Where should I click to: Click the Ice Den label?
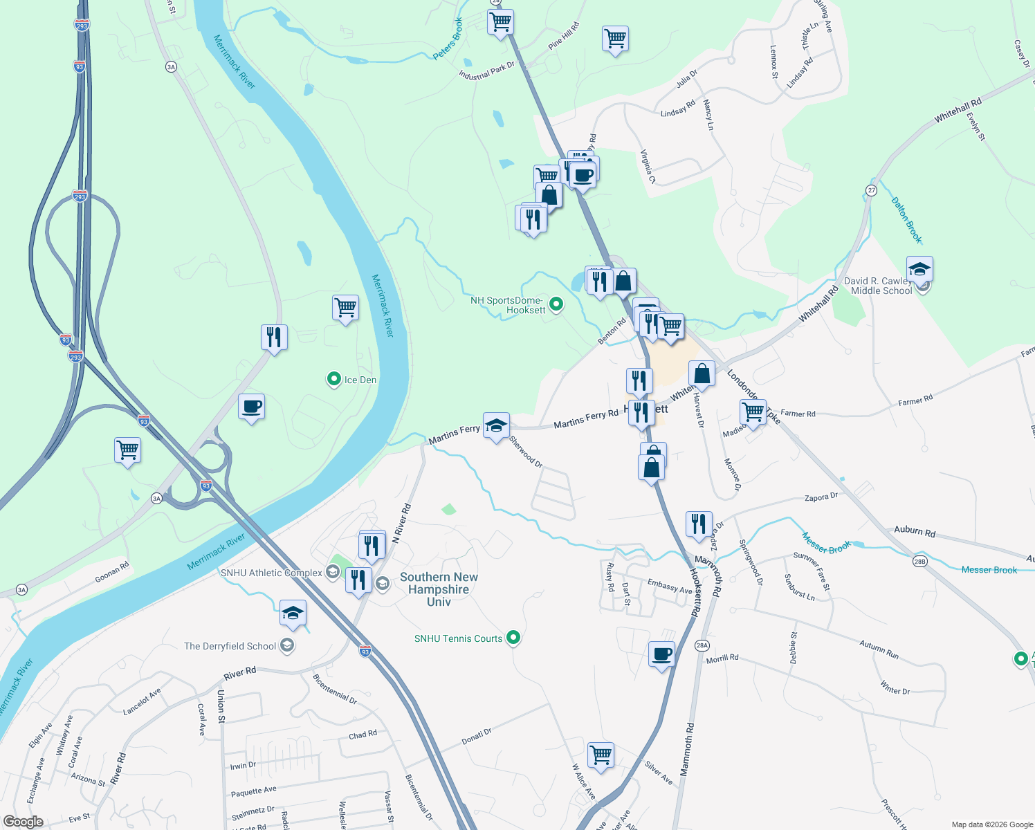pos(360,380)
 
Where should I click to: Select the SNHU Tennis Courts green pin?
pos(513,637)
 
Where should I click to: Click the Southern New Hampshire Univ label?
pos(439,589)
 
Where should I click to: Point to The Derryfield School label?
pos(230,646)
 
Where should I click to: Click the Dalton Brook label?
pos(906,221)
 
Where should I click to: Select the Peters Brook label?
pos(448,39)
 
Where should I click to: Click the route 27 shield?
pos(872,190)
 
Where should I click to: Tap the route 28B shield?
pos(919,561)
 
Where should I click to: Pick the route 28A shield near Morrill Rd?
pos(702,645)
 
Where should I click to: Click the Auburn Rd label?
pos(914,531)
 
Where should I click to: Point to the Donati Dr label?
pos(477,736)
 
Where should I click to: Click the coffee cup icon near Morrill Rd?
pos(661,654)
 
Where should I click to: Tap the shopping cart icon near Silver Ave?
pos(601,755)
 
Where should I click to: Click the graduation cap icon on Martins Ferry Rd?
pos(496,425)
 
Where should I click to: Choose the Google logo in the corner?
pos(23,822)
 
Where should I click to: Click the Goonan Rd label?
pos(112,572)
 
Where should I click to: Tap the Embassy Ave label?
pos(670,587)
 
